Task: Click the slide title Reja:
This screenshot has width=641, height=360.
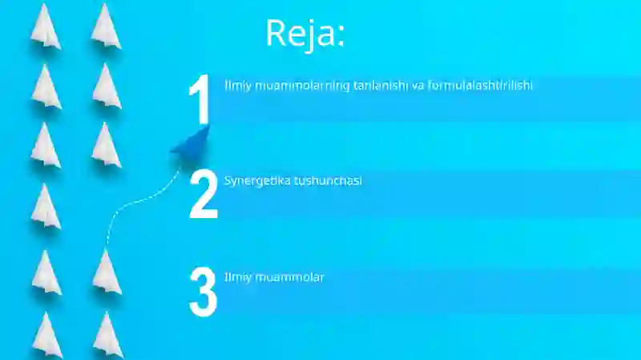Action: pyautogui.click(x=304, y=34)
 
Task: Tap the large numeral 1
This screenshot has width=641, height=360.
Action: pyautogui.click(x=199, y=100)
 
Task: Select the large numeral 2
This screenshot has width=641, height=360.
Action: pyautogui.click(x=204, y=195)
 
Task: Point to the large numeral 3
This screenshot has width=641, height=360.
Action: pyautogui.click(x=204, y=292)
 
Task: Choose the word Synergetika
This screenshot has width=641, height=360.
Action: pyautogui.click(x=257, y=181)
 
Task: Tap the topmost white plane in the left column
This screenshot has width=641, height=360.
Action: pyautogui.click(x=46, y=26)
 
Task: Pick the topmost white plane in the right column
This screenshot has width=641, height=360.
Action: pyautogui.click(x=106, y=26)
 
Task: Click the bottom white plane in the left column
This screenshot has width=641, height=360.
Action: pyautogui.click(x=46, y=334)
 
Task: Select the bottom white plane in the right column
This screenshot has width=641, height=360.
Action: pyautogui.click(x=107, y=334)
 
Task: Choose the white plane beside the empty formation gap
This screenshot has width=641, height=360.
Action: pyautogui.click(x=46, y=207)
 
